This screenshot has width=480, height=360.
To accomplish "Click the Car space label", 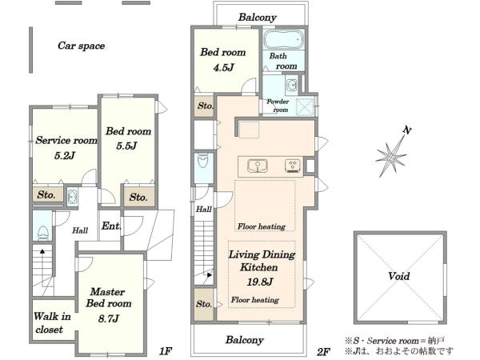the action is pyautogui.click(x=81, y=46).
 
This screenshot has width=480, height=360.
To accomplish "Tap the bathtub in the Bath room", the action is pyautogui.click(x=283, y=39).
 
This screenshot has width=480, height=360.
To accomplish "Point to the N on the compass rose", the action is pyautogui.click(x=407, y=130).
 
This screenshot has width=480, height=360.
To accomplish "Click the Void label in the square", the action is pyautogui.click(x=399, y=276).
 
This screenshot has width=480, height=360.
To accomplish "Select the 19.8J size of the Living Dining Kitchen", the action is pyautogui.click(x=259, y=282).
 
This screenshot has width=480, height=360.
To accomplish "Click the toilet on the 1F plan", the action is pyautogui.click(x=42, y=233).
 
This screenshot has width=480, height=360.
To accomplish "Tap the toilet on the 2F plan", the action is pyautogui.click(x=203, y=160).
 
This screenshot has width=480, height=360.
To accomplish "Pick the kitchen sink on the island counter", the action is pyautogui.click(x=258, y=166).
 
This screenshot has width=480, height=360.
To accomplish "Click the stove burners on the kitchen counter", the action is pyautogui.click(x=293, y=166).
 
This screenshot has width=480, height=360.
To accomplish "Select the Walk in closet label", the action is pyautogui.click(x=52, y=322).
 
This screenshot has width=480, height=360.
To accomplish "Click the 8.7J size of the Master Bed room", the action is pyautogui.click(x=108, y=318).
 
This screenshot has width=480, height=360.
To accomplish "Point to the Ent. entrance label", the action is pyautogui.click(x=111, y=226).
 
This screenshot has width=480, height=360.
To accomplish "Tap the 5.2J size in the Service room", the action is pyautogui.click(x=65, y=155).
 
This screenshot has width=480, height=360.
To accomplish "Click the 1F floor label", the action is pyautogui.click(x=166, y=351).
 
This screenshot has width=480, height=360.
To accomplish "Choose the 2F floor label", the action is pyautogui.click(x=322, y=352).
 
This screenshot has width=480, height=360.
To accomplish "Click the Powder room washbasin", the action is pyautogui.click(x=291, y=84).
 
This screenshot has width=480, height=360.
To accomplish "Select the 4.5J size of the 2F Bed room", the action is pyautogui.click(x=223, y=67).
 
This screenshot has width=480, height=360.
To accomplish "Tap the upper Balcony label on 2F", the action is pyautogui.click(x=257, y=17).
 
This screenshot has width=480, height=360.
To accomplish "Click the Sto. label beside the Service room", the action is pyautogui.click(x=46, y=194).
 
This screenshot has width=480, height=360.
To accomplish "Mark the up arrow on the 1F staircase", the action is pyautogui.click(x=42, y=253).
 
